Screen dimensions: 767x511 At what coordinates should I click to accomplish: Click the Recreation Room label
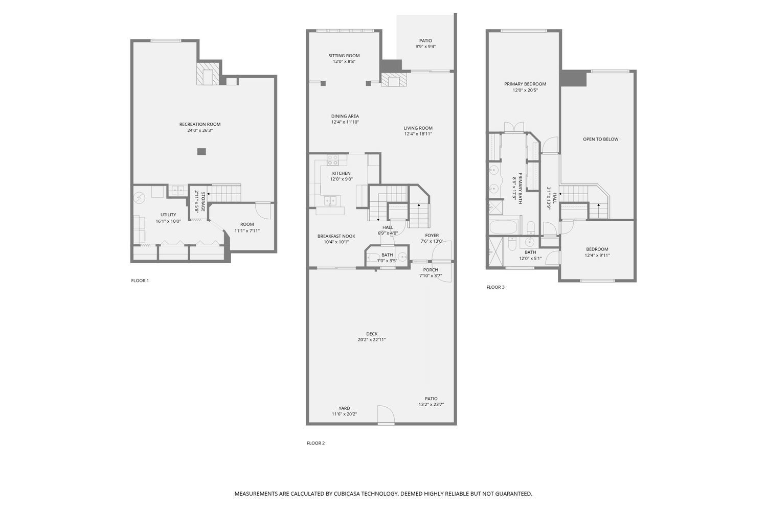coord(200,124)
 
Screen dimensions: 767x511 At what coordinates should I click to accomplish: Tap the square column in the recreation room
coord(201,151)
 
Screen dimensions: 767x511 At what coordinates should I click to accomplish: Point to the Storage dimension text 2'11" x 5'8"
coord(196,202)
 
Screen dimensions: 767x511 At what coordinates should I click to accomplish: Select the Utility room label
coord(168,215)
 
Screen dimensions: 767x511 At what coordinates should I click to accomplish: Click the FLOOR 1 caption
coord(140,281)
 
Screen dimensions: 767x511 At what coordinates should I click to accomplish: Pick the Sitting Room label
coord(344,56)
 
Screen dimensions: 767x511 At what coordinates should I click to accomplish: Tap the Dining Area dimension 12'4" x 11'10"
coord(345,122)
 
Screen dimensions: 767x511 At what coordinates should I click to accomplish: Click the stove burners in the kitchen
coord(332,160)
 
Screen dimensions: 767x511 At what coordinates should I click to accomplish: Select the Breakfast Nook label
coord(336,236)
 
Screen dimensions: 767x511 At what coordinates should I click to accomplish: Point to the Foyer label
coord(432,236)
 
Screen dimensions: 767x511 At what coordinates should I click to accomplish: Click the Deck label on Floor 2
coord(372,334)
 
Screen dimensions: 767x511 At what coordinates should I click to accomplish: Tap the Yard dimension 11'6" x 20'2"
coord(345,414)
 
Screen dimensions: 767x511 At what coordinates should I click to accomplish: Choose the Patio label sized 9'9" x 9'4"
coord(425,41)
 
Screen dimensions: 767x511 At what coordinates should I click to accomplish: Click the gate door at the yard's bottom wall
coord(386,415)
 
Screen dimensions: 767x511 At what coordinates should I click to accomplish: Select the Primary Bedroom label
coord(525,84)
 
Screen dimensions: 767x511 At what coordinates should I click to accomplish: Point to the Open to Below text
coord(601,140)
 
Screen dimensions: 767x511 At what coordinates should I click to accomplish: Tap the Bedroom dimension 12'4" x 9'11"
coord(597,255)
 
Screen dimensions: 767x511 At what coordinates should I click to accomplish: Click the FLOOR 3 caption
coord(495,287)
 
